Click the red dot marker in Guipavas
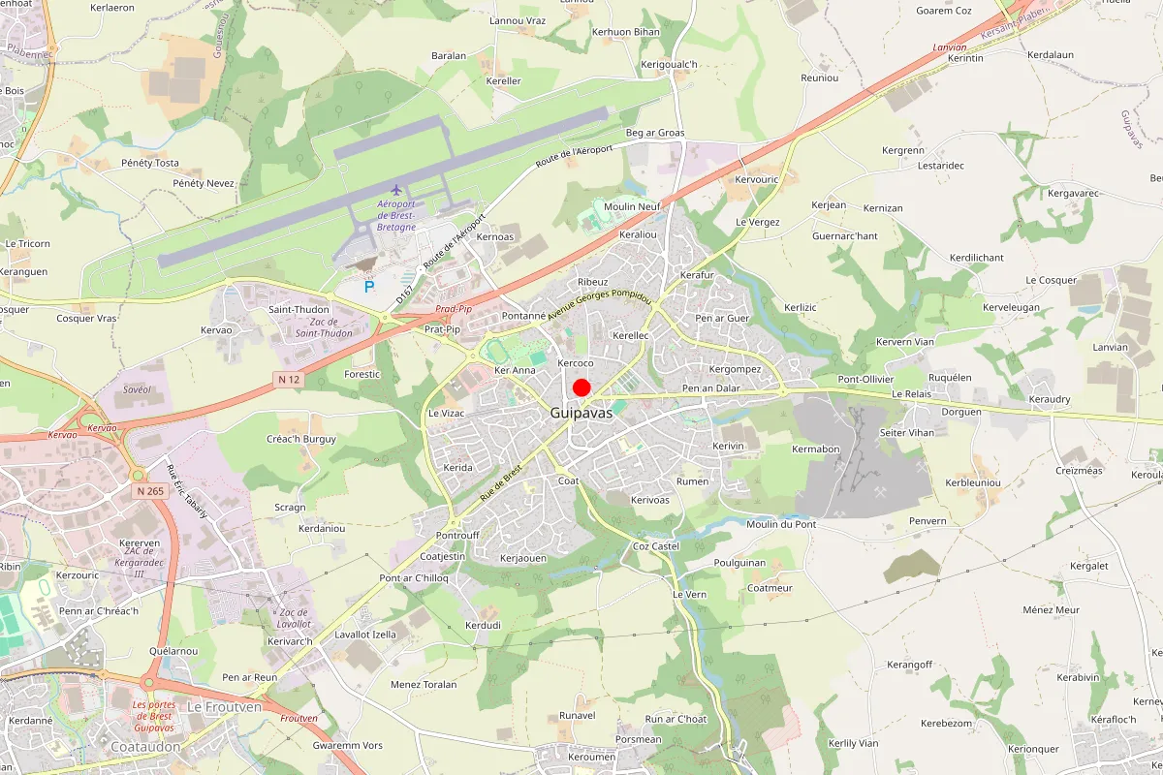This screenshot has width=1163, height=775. [x=581, y=387]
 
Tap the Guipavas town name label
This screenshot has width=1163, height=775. [x=581, y=412]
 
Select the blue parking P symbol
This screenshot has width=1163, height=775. [x=368, y=287]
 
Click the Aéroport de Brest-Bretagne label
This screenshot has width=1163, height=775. [x=396, y=214]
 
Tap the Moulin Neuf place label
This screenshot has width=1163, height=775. [x=632, y=206]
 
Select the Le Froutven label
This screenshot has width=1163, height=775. [x=224, y=707]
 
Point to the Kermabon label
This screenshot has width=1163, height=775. [x=816, y=449]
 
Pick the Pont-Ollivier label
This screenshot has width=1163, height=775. [x=865, y=379]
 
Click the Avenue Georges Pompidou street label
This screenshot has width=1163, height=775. [x=599, y=308]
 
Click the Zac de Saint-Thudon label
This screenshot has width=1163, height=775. [x=324, y=327]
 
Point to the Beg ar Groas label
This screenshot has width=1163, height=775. [x=655, y=133]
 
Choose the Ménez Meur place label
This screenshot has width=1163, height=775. [x=1052, y=610]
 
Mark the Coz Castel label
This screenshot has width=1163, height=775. [x=656, y=546]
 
